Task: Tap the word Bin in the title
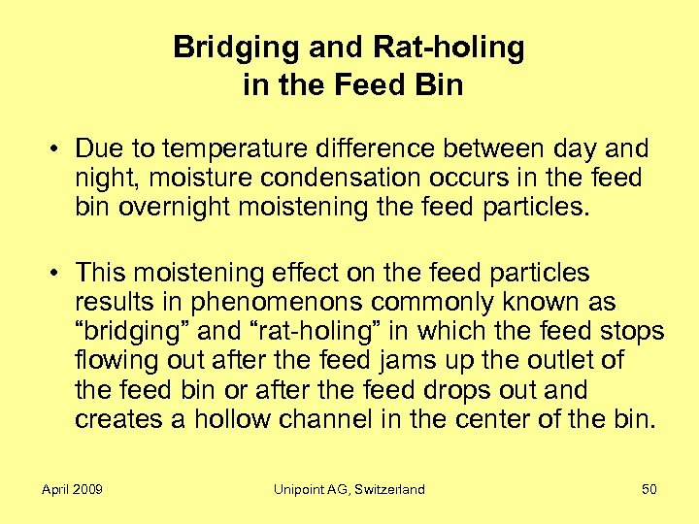[439, 85]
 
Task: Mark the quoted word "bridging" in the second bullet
[130, 331]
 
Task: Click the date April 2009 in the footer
[72, 489]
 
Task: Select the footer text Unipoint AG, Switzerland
[349, 489]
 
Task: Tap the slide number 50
[649, 489]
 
